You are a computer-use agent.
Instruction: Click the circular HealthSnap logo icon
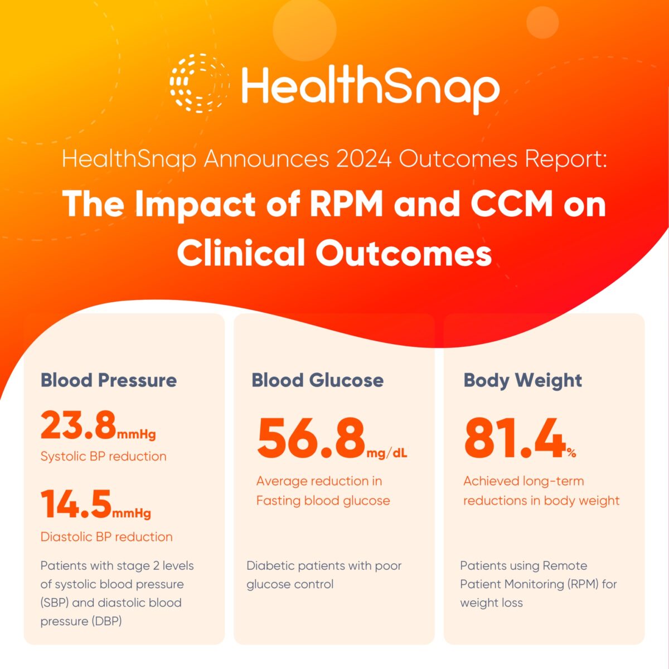pyautogui.click(x=199, y=84)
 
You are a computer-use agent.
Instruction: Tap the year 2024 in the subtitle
pyautogui.click(x=363, y=159)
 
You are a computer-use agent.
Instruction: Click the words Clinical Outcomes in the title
pyautogui.click(x=334, y=253)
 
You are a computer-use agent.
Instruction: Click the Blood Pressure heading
pyautogui.click(x=109, y=380)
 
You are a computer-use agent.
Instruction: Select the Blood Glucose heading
pyautogui.click(x=317, y=380)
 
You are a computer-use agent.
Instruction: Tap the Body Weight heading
pyautogui.click(x=522, y=381)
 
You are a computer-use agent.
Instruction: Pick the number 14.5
pyautogui.click(x=76, y=504)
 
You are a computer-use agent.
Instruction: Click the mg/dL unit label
pyautogui.click(x=387, y=453)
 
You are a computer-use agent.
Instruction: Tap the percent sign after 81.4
pyautogui.click(x=571, y=453)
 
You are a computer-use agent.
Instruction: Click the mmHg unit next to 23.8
pyautogui.click(x=137, y=434)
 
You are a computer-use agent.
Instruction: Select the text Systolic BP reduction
pyautogui.click(x=103, y=456)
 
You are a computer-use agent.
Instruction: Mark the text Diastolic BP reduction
pyautogui.click(x=106, y=537)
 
